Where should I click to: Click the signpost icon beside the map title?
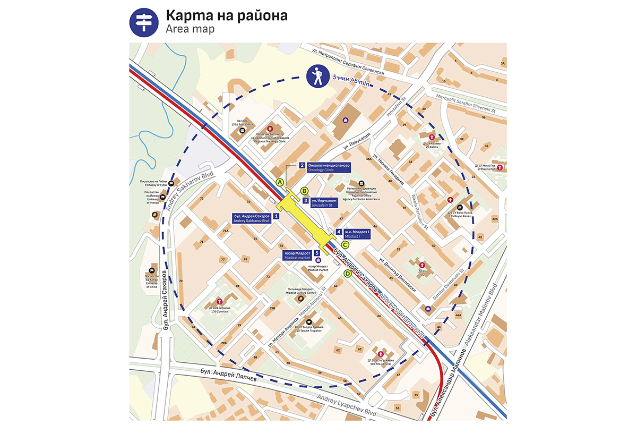pos(144,22)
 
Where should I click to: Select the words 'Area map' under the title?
pos(190,29)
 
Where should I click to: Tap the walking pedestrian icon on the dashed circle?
pos(317,76)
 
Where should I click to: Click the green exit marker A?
pos(279,182)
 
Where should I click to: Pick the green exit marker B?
pos(305,191)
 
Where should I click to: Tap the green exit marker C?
pos(345,245)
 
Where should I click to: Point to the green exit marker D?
pos(348,274)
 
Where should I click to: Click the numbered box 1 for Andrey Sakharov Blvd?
pos(276,216)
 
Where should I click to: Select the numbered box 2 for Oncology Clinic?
pos(302,165)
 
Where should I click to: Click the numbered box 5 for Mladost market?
pos(317,253)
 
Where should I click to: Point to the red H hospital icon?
pos(270,129)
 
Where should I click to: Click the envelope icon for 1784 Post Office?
pos(242,130)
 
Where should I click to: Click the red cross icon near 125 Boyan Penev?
pos(451,200)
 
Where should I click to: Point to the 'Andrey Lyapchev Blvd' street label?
pos(347,407)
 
